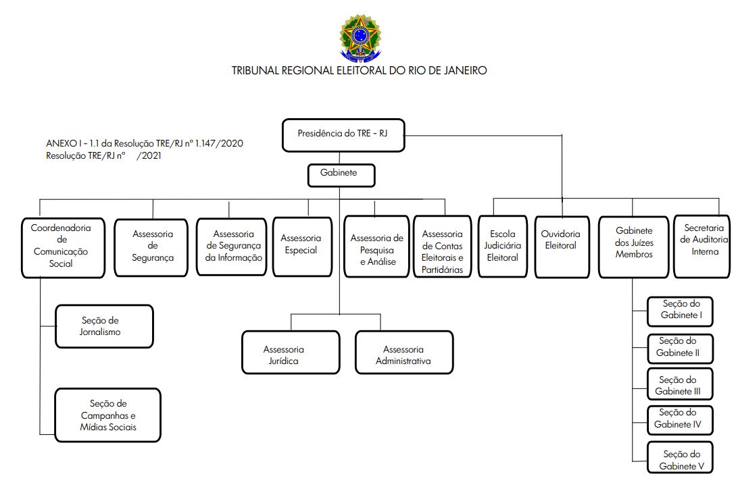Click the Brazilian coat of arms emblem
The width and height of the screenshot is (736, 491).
click(360, 38)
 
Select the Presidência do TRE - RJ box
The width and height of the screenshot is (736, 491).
click(343, 135)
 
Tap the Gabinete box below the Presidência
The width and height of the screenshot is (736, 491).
click(341, 176)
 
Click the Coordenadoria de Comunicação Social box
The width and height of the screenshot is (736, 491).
click(63, 248)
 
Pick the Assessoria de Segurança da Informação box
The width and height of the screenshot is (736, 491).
click(231, 247)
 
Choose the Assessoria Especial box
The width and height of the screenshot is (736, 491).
click(302, 247)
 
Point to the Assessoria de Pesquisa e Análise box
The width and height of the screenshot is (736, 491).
click(376, 247)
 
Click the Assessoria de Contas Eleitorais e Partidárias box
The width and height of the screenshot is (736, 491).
click(442, 247)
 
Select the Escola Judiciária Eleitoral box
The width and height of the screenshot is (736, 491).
click(503, 247)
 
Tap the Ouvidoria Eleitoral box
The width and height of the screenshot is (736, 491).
click(562, 247)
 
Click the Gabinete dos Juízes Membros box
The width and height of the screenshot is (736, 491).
click(634, 247)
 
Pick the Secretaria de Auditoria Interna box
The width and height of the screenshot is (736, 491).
click(702, 247)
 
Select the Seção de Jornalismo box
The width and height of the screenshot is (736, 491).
click(104, 326)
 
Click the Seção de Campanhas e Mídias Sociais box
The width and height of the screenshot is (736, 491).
click(107, 415)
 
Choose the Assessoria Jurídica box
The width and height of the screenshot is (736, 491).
click(291, 352)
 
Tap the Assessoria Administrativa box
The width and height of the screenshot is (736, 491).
click(404, 352)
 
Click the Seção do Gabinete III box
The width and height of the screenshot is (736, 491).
click(680, 384)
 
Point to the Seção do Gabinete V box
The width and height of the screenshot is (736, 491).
click(680, 457)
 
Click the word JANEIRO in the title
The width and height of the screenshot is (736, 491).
click(465, 70)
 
